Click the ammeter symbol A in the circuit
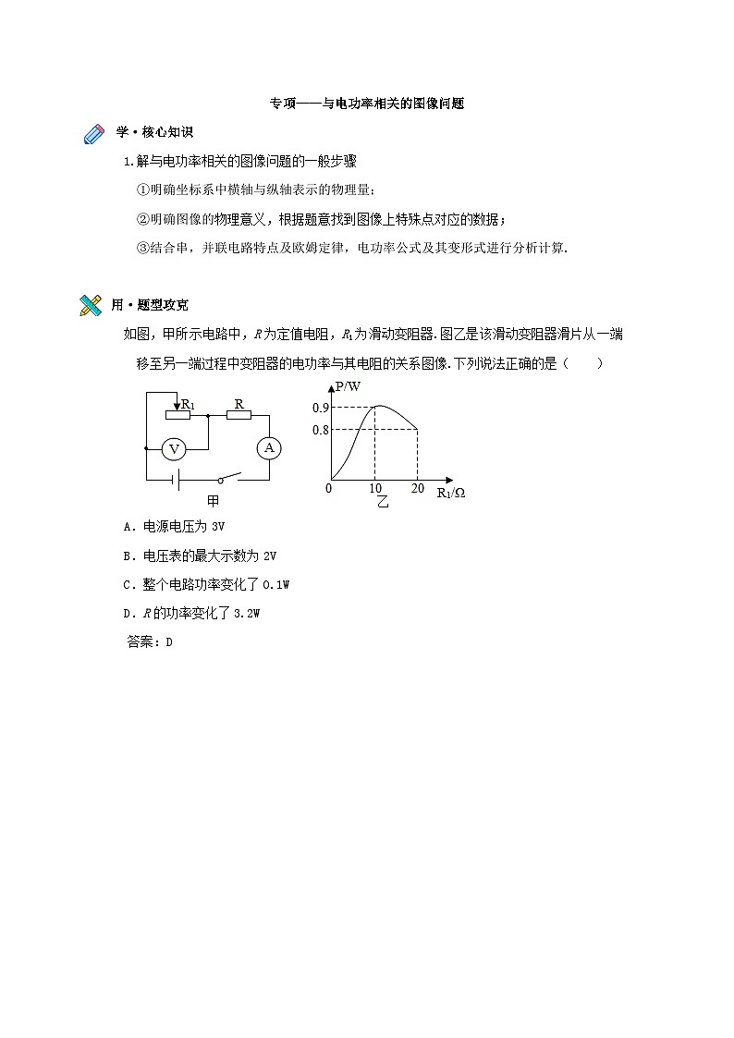(x=269, y=447)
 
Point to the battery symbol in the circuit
(x=172, y=480)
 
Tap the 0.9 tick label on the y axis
(x=321, y=408)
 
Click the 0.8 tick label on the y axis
(x=321, y=430)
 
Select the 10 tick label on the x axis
(x=375, y=489)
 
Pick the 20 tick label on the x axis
(x=417, y=489)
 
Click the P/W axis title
(x=349, y=386)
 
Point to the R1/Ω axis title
(x=450, y=493)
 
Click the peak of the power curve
(x=378, y=406)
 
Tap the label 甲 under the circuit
(x=213, y=501)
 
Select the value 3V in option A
(x=218, y=527)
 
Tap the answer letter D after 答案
(x=169, y=642)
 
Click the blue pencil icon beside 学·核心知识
(x=95, y=135)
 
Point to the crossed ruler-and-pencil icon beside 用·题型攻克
(x=91, y=305)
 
